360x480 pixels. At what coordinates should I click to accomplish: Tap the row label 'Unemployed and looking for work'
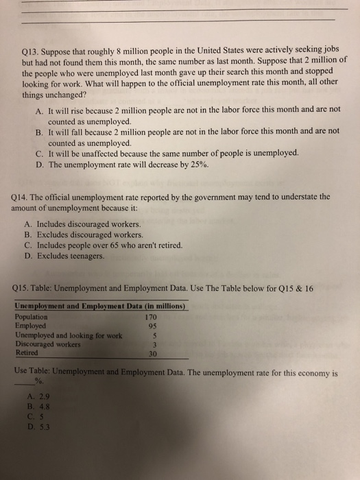[x=68, y=336]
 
